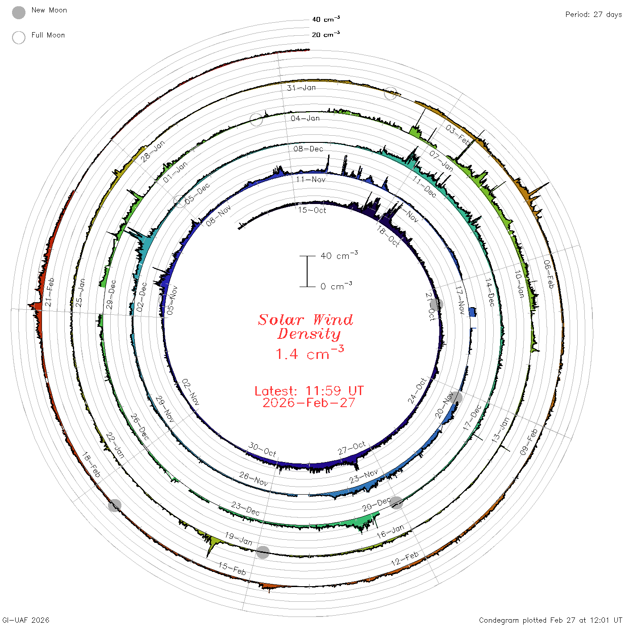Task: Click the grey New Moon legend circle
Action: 18,12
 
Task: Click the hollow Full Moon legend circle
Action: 18,37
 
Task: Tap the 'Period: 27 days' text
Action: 593,15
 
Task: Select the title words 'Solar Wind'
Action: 305,320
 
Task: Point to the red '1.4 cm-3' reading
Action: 310,353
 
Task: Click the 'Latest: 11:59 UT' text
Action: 309,391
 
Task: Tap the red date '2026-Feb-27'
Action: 309,403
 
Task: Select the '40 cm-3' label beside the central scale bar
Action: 339,255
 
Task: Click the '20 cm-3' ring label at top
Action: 325,34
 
